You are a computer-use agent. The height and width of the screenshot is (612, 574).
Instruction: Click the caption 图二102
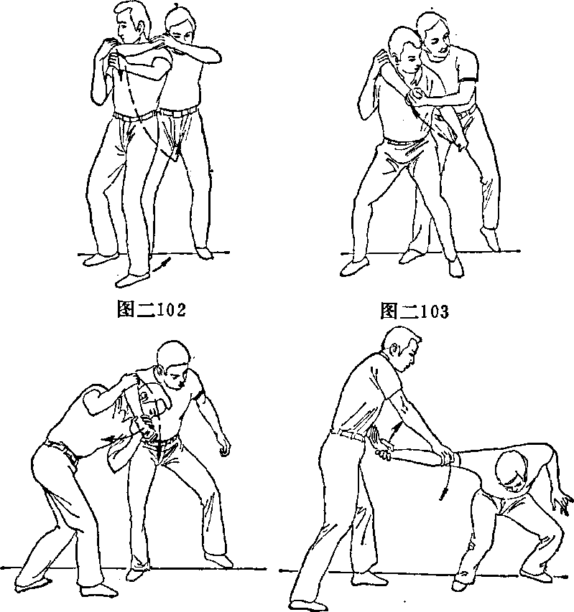(x=152, y=309)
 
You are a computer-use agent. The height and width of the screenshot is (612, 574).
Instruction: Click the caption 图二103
(x=415, y=311)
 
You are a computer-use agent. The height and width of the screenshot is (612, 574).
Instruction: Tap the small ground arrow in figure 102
(x=162, y=264)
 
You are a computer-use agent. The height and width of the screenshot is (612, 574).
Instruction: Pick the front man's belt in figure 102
(x=134, y=115)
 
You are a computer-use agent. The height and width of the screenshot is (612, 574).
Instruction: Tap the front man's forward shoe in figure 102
(x=132, y=280)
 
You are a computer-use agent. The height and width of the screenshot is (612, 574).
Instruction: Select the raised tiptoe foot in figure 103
(x=491, y=238)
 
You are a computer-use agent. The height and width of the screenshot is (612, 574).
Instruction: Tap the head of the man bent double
(x=513, y=471)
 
